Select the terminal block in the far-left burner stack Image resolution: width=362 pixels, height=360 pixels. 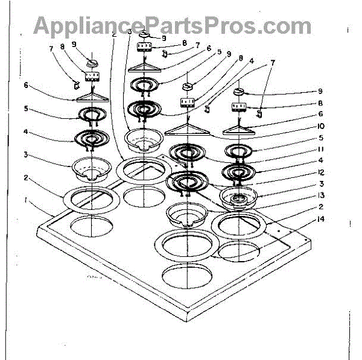point(92,76)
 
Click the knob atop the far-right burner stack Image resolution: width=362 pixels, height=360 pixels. point(241,92)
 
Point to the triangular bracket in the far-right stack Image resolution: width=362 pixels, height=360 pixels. point(241,128)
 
